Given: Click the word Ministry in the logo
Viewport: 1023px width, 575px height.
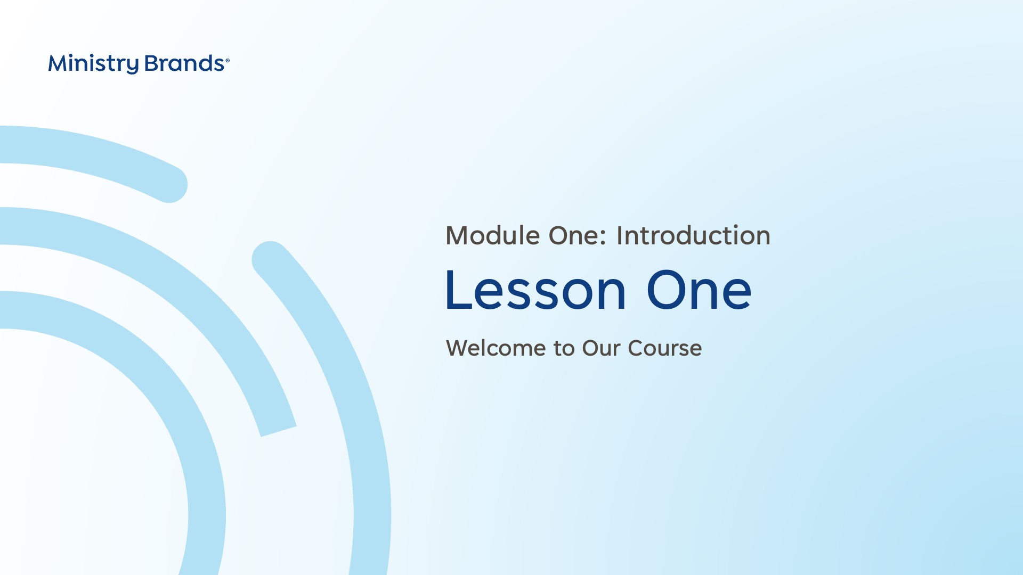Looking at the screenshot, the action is pos(94,64).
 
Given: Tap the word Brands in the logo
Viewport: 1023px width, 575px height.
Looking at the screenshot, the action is pos(184,63).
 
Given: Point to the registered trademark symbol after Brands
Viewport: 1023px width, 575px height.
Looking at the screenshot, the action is pos(228,61).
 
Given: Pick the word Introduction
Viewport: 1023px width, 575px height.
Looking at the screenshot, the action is pos(693,235).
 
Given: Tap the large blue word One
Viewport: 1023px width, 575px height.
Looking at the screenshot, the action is pos(699,290).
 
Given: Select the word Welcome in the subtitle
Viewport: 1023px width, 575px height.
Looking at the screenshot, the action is pos(496,348).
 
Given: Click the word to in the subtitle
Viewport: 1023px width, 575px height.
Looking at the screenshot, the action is pos(564,349).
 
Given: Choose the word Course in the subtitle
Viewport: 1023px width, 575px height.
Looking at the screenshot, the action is pos(665,348).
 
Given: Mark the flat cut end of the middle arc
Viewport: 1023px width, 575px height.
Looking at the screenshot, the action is pos(278,431).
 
